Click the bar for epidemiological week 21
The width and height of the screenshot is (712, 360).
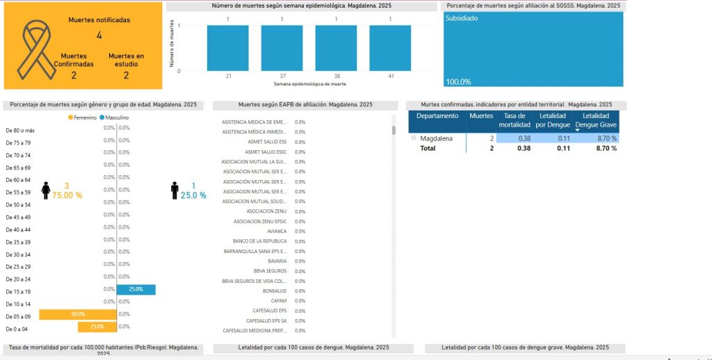pyautogui.click(x=228, y=48)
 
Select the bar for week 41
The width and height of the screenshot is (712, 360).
pyautogui.click(x=390, y=48)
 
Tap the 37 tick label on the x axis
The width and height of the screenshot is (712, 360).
pyautogui.click(x=282, y=75)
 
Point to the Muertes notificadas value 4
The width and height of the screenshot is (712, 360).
pyautogui.click(x=99, y=35)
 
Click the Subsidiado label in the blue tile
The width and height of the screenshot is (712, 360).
pyautogui.click(x=462, y=19)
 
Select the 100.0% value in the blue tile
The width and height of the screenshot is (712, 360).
pyautogui.click(x=458, y=81)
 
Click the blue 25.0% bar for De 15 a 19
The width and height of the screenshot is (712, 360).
pyautogui.click(x=136, y=289)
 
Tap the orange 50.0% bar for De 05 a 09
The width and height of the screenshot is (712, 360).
pyautogui.click(x=77, y=314)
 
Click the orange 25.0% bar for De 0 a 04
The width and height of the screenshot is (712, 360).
pyautogui.click(x=97, y=327)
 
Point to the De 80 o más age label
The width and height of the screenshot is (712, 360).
pyautogui.click(x=19, y=130)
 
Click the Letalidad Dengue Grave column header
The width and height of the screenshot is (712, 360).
pyautogui.click(x=596, y=120)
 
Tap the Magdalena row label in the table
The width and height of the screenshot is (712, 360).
pyautogui.click(x=437, y=138)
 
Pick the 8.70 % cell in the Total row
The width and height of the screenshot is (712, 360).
pyautogui.click(x=602, y=148)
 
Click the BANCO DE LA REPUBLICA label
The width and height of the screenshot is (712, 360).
pyautogui.click(x=259, y=240)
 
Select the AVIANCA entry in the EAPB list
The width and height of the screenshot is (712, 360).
pyautogui.click(x=277, y=231)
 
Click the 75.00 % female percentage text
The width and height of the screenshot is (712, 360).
pyautogui.click(x=66, y=196)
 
